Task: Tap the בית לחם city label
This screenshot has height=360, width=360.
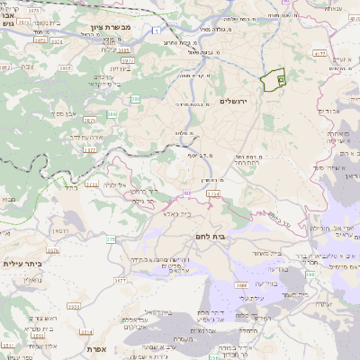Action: click(210, 236)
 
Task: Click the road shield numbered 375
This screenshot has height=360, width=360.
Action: click(111, 239)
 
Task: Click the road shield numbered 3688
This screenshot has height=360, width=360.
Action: click(243, 285)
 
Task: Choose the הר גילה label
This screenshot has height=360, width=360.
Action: click(142, 192)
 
